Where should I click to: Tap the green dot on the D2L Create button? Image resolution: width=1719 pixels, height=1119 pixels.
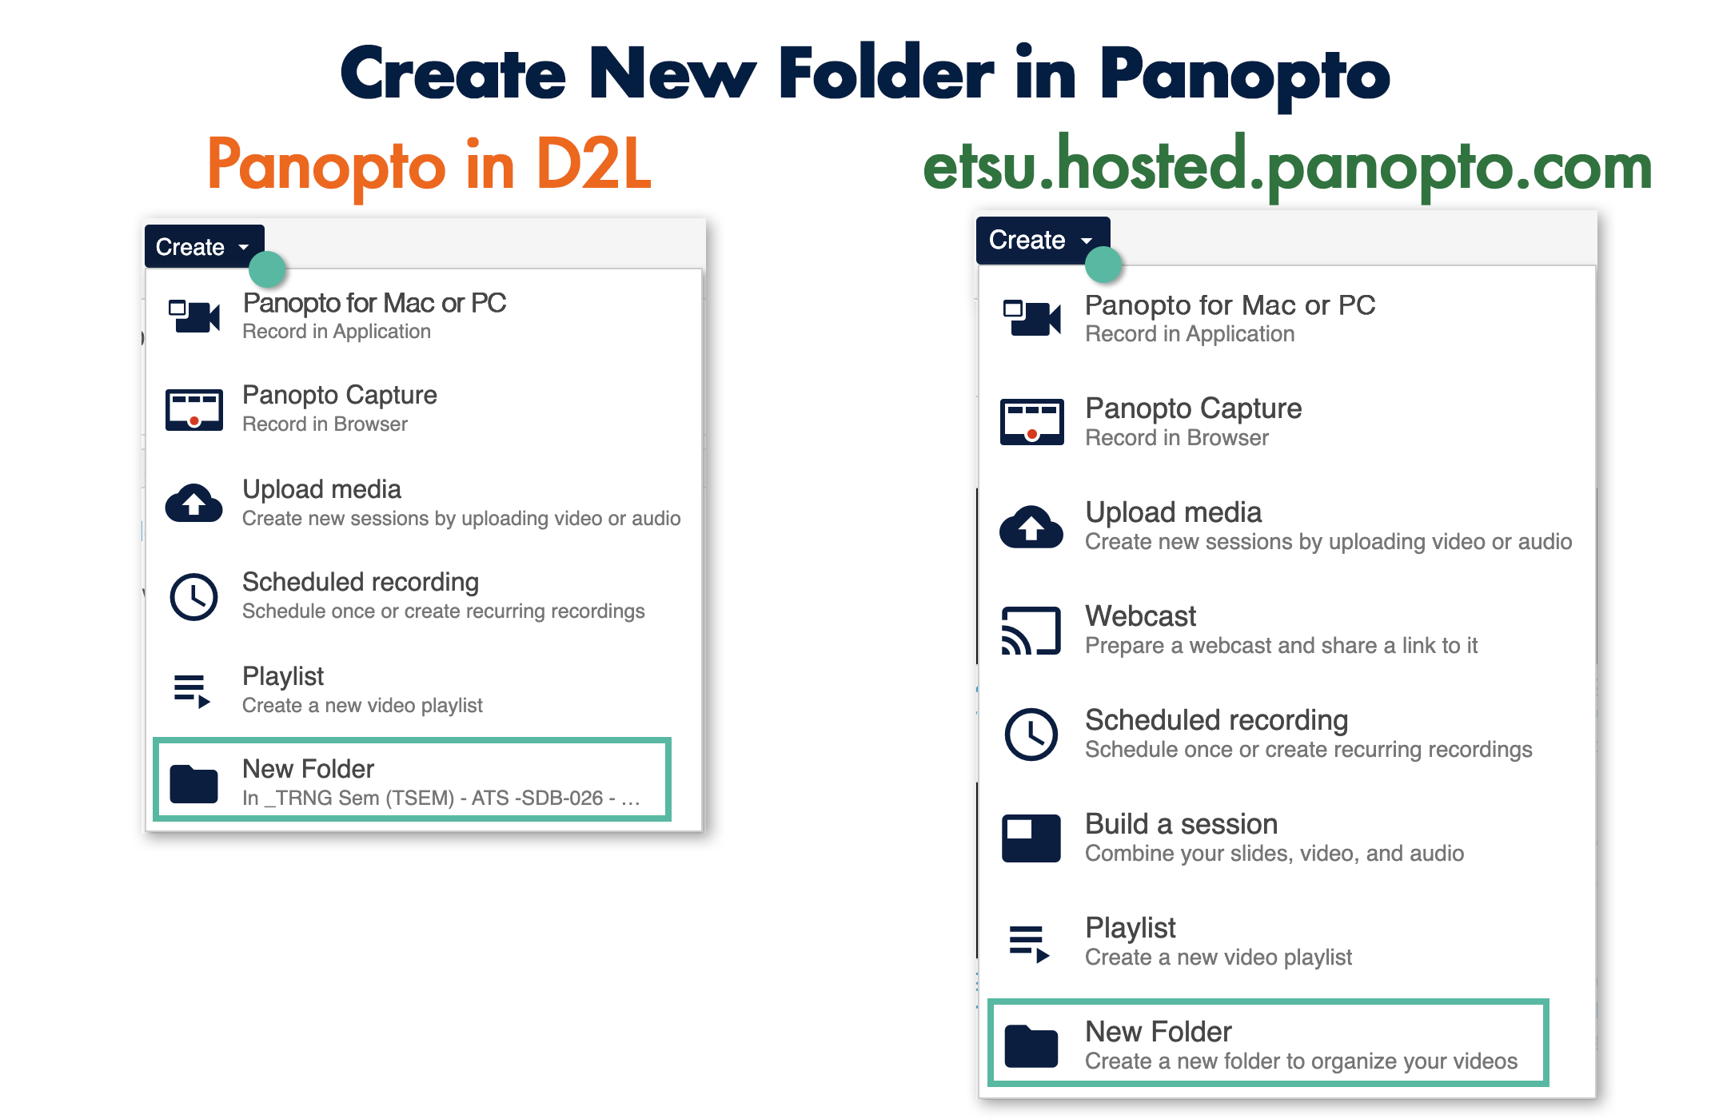point(267,269)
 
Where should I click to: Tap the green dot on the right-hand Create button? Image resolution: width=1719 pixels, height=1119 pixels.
point(1104,265)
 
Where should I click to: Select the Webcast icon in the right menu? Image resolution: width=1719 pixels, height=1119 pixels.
point(1031,631)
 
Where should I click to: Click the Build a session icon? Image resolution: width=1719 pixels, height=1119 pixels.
point(1031,838)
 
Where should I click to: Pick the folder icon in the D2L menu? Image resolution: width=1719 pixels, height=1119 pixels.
point(193,783)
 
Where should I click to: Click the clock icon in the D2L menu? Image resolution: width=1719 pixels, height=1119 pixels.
point(193,596)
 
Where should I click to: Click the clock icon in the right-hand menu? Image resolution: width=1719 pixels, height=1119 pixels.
point(1031,734)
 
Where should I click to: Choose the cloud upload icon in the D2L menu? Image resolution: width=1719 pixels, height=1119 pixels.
point(193,503)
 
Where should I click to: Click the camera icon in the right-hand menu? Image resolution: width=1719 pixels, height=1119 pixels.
point(1032,318)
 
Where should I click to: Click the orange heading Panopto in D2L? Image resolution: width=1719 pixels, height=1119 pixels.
point(429,165)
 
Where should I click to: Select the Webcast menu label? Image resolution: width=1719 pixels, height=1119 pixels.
point(1140,615)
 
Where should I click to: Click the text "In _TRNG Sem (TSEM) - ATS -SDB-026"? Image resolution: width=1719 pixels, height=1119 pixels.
point(423,798)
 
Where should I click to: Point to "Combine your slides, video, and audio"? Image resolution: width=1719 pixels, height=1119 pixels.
point(1274,853)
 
